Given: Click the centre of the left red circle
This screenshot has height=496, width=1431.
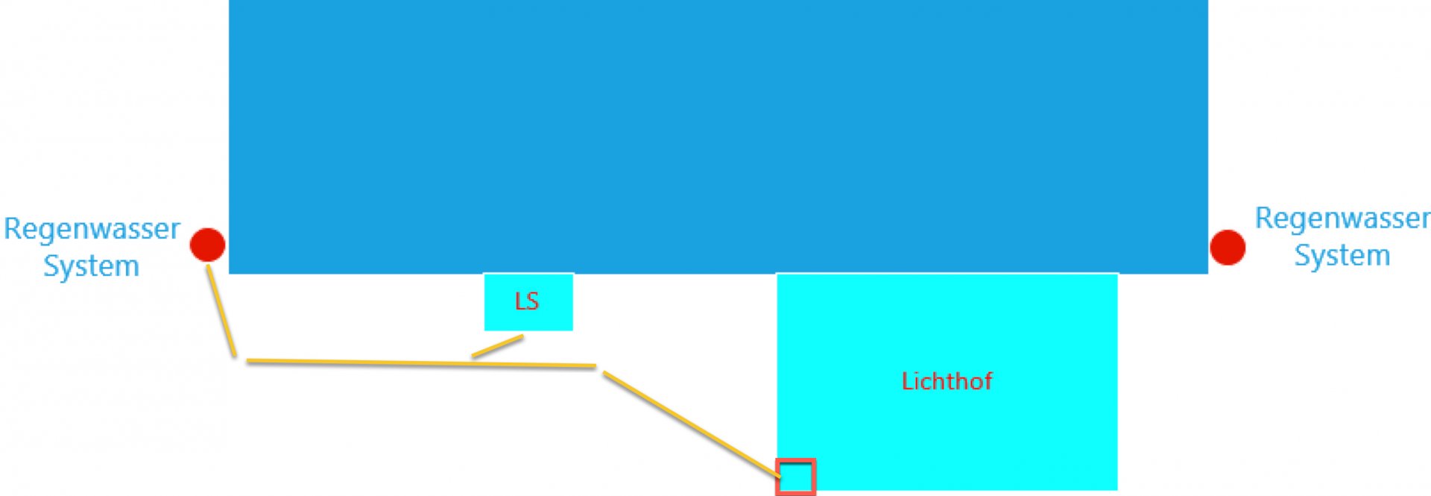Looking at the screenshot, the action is (207, 245).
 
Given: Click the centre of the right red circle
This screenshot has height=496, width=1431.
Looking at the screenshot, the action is (1228, 248).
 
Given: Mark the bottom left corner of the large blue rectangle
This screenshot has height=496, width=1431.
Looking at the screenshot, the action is (229, 274).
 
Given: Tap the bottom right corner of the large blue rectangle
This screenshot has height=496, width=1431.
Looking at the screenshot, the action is (1207, 274).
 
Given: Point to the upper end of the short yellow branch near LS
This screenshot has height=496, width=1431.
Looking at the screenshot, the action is (522, 337).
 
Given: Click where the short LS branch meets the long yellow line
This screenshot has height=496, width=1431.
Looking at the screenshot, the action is (473, 357).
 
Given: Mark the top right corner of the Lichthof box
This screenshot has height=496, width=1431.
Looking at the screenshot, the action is (1117, 274).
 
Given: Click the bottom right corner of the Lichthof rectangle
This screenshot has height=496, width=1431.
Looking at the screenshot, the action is (1117, 489).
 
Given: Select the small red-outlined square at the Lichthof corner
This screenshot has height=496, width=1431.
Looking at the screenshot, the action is (796, 477).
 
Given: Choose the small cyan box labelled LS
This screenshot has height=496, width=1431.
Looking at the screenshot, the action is (528, 302).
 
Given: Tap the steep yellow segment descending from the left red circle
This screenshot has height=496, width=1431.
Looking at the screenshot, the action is (221, 310).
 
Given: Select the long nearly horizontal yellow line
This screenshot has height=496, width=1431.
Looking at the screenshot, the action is (421, 363).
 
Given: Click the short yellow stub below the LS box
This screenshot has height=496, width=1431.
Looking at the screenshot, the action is (497, 347).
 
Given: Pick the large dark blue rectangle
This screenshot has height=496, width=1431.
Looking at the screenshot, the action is (718, 136).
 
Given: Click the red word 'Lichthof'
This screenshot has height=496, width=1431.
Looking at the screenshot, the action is (947, 381).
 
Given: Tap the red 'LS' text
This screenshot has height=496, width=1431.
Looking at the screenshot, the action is (527, 301).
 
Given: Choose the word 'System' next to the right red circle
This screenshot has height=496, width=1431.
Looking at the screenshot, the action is (1342, 256).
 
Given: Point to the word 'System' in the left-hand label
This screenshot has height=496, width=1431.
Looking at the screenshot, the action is (91, 266).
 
